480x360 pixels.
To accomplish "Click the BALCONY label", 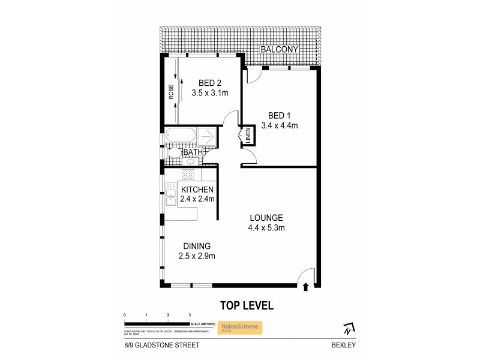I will point(279,50).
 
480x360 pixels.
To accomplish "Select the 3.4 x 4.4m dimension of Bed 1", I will point(280,125).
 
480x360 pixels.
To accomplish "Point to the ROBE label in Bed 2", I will point(171,91).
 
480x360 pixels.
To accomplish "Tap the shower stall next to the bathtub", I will point(208,136).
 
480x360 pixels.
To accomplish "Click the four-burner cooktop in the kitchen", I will point(188,175).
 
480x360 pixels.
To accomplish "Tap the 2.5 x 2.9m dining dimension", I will point(196,256).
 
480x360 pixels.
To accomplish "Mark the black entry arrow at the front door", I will point(307,287).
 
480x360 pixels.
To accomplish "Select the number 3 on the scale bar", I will point(190,314).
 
